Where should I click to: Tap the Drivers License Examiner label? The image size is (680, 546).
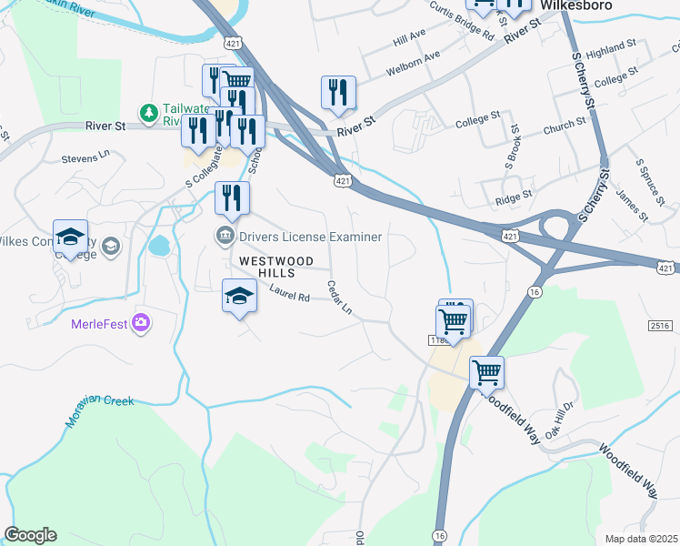tap(311, 237)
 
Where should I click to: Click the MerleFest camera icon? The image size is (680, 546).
tap(140, 322)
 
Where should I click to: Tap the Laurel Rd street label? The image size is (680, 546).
tap(290, 293)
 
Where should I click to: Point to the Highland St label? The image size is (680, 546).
tap(610, 47)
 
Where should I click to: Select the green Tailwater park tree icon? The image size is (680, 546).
tap(148, 112)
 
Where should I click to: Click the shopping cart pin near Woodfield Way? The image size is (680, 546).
tap(486, 372)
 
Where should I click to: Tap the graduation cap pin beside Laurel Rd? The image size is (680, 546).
tap(239, 297)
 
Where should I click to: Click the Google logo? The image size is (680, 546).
tap(30, 534)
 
